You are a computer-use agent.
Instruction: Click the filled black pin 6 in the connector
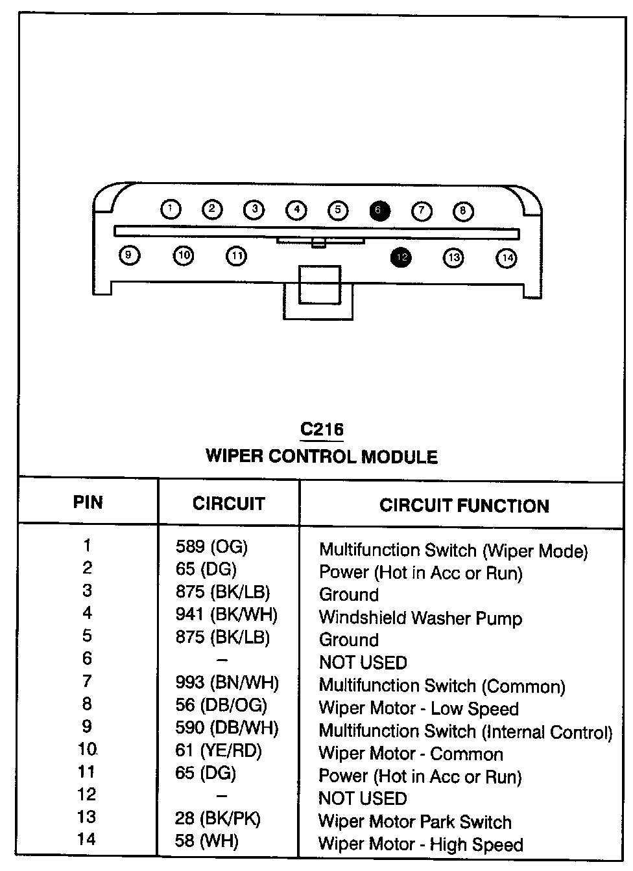(379, 211)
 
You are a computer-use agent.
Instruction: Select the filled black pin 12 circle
(401, 257)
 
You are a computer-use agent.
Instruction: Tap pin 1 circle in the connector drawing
(170, 209)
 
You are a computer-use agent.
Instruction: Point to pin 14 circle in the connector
(507, 258)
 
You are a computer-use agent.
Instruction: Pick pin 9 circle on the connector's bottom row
(129, 255)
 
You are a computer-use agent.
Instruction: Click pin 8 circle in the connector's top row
(462, 211)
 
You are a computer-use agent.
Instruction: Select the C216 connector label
(322, 429)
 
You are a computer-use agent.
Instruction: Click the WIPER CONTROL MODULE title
(322, 456)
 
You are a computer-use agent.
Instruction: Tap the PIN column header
(88, 502)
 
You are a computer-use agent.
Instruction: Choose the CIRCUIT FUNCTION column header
(464, 505)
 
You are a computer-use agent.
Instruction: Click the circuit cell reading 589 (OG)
(211, 547)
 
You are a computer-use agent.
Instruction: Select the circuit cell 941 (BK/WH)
(226, 614)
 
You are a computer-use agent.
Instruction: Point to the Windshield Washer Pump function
(420, 618)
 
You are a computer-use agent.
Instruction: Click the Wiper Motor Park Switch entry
(414, 822)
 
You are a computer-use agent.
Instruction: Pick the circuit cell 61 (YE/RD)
(219, 750)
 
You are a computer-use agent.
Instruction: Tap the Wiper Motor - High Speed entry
(420, 844)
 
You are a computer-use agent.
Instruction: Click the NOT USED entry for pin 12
(363, 798)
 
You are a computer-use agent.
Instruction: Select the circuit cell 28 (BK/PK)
(217, 819)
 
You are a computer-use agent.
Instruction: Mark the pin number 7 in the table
(87, 681)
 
